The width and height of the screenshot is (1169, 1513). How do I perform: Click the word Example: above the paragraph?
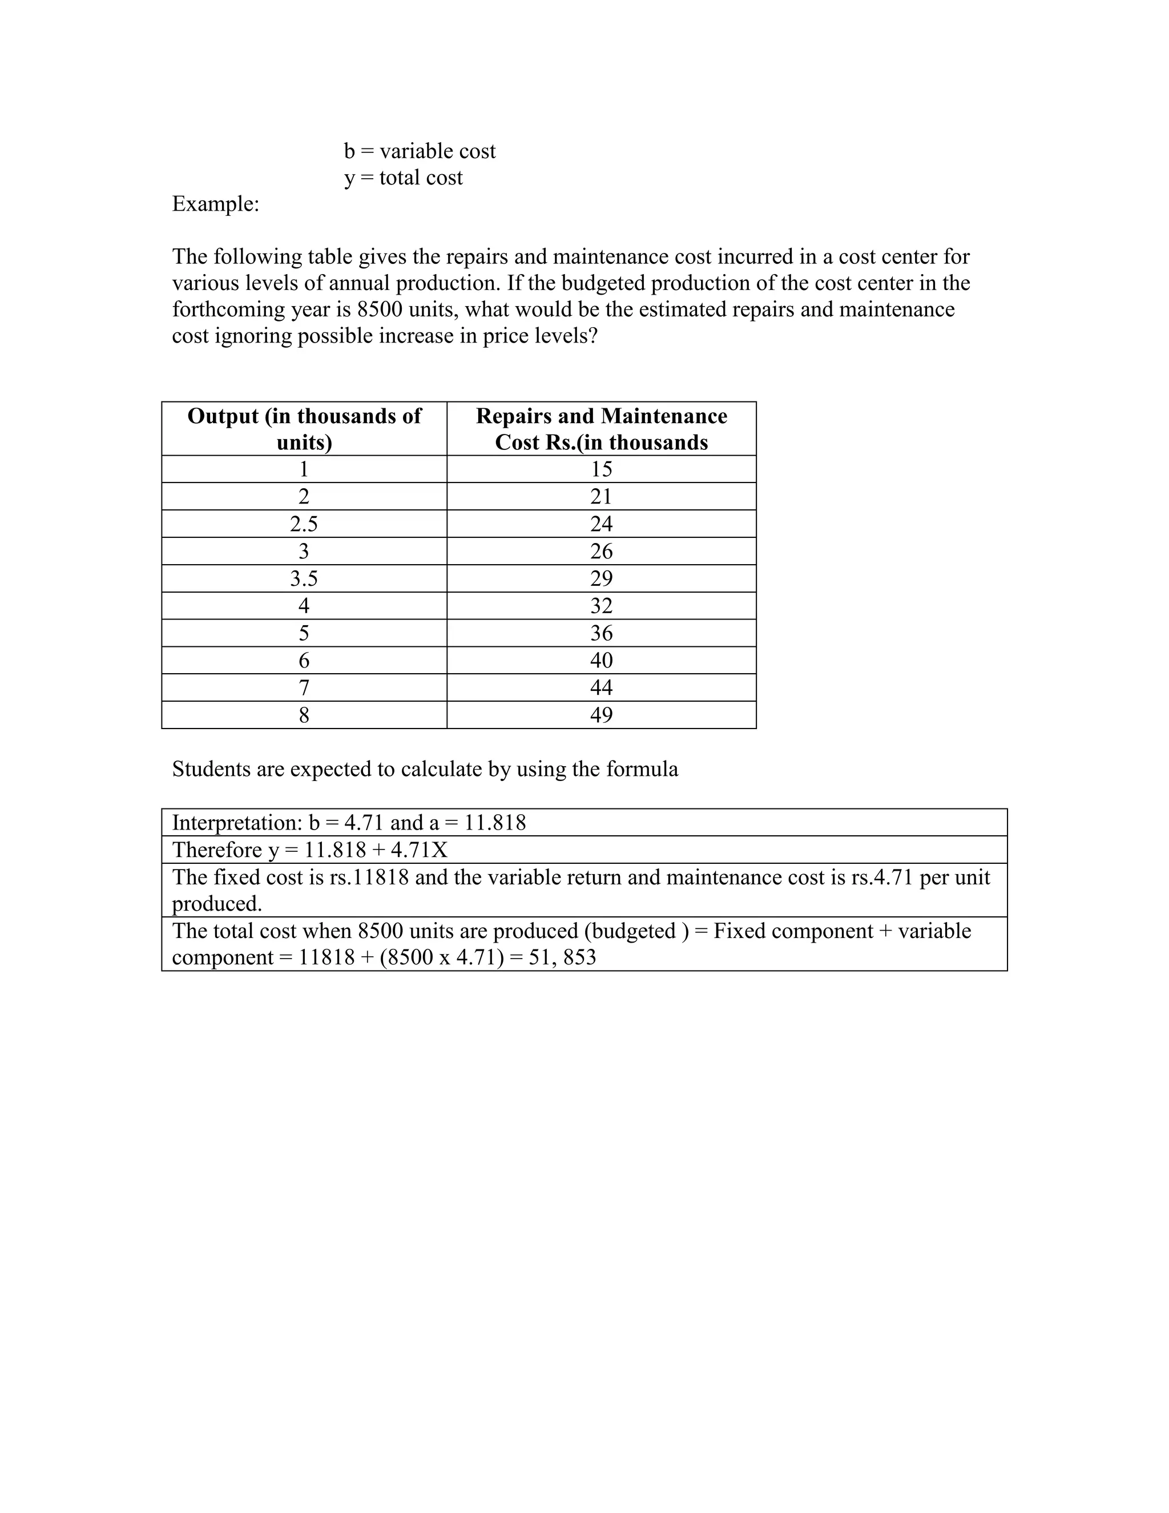(215, 204)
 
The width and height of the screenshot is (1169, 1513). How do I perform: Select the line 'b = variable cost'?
(420, 151)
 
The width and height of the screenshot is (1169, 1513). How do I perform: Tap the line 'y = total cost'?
(403, 178)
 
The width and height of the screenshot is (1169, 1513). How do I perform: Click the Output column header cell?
(304, 429)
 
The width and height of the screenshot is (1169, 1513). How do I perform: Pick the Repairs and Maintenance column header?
(601, 429)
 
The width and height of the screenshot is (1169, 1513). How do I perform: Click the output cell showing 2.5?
(304, 524)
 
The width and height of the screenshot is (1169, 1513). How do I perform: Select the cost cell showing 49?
(601, 715)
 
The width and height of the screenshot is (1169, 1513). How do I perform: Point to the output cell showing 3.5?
(304, 578)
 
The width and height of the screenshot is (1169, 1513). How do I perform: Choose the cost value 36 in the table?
(601, 633)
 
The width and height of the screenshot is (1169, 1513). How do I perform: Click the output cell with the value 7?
(304, 688)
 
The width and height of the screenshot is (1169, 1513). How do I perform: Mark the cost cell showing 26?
(601, 552)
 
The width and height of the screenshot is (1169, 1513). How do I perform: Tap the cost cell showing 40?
(601, 660)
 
